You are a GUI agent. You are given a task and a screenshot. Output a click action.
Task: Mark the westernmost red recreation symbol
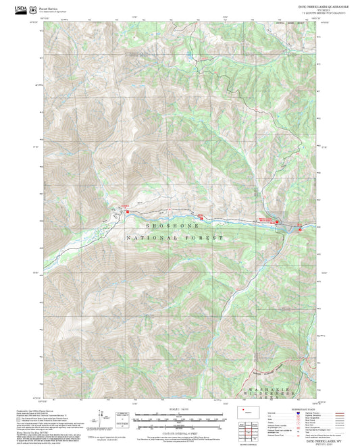[x=128, y=213]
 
